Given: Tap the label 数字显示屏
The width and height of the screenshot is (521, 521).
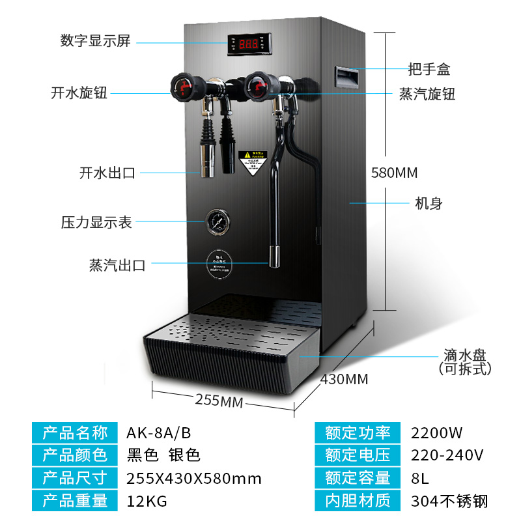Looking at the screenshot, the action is (x=96, y=41).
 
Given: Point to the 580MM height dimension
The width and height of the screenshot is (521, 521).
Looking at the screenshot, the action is (x=393, y=173).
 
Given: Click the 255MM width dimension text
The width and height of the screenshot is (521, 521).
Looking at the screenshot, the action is (x=218, y=401).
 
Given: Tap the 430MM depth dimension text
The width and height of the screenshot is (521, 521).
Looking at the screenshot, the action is (x=344, y=379).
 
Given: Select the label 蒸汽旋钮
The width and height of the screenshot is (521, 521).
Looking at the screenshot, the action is (x=427, y=94).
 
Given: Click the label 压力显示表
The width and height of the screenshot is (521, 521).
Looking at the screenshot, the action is (x=96, y=222).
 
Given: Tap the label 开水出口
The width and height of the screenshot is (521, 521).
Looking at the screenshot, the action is (x=106, y=173).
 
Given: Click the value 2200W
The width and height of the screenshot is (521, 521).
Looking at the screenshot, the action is (x=436, y=432).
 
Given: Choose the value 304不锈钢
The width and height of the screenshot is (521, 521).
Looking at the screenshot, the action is (x=449, y=501).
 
